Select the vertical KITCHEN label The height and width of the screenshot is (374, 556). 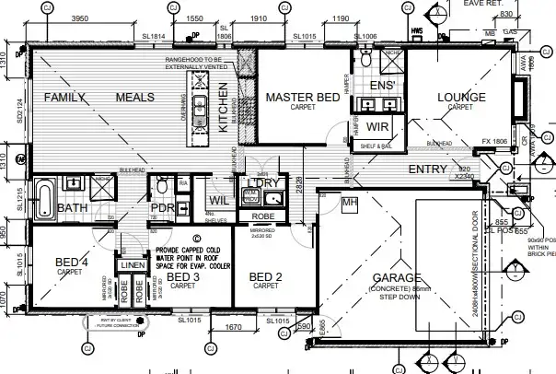[223, 109]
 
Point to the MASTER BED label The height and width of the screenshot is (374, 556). [303, 97]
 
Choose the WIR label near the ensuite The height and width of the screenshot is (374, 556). [376, 124]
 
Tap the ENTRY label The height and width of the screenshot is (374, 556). [427, 169]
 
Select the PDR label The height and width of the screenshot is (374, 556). [162, 208]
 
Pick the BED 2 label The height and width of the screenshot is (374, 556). [266, 276]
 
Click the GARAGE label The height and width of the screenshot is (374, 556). [396, 277]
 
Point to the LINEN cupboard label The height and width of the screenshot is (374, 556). [133, 265]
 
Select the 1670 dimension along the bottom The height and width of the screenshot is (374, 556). [233, 327]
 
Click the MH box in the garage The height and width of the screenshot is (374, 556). [349, 201]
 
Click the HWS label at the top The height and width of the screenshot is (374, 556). [417, 30]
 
